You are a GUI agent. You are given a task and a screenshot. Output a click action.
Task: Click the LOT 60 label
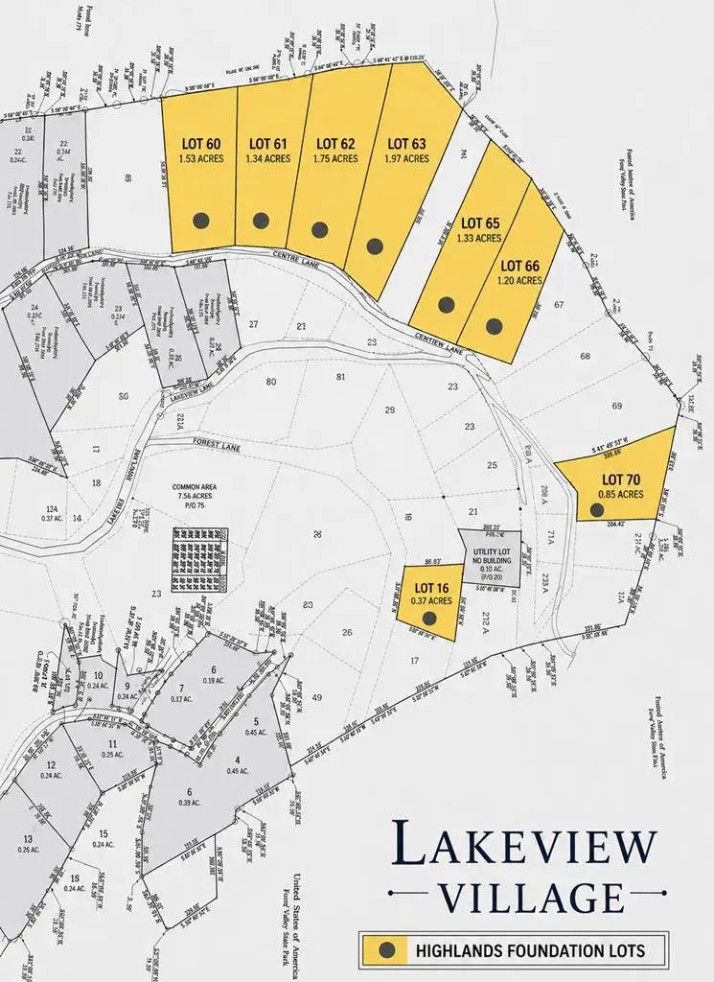[200, 144]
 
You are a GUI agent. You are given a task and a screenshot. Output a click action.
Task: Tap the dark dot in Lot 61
[261, 221]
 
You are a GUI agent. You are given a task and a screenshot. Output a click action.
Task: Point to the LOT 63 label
[406, 144]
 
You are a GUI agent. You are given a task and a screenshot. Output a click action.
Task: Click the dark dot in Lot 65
[447, 304]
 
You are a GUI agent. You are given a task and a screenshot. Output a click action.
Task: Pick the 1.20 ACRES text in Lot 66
[519, 281]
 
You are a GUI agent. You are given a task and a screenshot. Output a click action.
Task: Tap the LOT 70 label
[620, 479]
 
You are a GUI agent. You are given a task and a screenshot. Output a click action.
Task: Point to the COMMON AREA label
[194, 487]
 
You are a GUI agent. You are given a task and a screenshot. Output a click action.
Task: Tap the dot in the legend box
[387, 949]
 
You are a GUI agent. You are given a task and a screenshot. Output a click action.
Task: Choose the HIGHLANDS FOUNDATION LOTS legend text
[530, 950]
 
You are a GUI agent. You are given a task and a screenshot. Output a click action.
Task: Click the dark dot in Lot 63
[375, 245]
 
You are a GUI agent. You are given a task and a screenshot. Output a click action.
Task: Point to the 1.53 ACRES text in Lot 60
[200, 159]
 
